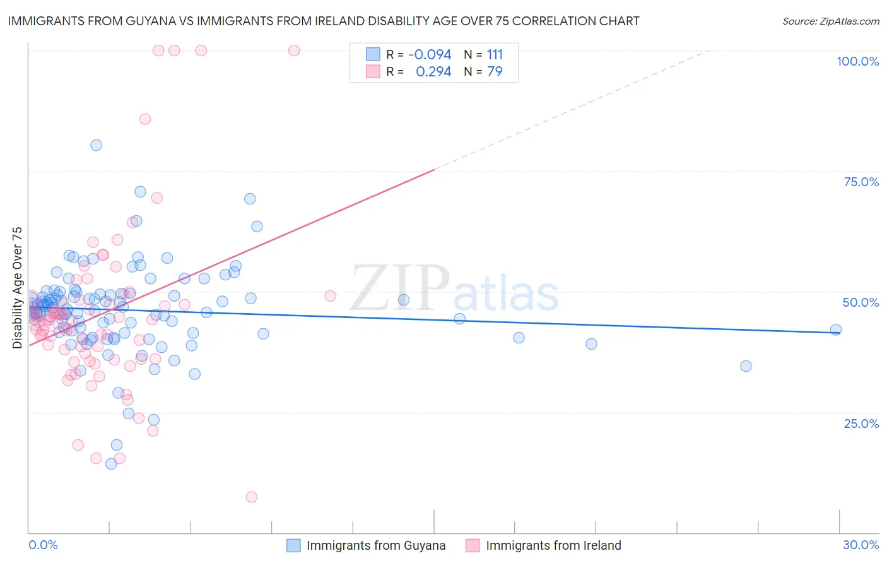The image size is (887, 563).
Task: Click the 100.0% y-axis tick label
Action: [x=857, y=61]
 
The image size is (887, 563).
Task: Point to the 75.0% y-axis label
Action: [x=861, y=182]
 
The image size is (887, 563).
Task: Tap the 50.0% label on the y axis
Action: [x=861, y=302]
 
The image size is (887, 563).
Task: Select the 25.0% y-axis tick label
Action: [x=861, y=424]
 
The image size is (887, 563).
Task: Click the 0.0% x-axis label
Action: [x=43, y=545]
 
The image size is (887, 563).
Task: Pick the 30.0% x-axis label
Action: [x=861, y=545]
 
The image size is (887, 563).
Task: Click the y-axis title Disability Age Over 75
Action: [x=17, y=287]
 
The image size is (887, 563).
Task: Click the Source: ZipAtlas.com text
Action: [x=830, y=21]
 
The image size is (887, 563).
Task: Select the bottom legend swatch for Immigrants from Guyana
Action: [x=293, y=545]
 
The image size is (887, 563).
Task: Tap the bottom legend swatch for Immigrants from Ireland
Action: [x=473, y=545]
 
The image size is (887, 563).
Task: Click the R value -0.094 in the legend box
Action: [x=430, y=54]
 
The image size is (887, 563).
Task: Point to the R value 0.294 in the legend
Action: [x=433, y=72]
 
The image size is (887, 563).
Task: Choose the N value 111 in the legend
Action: [x=495, y=54]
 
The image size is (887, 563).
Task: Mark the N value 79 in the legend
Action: [x=495, y=72]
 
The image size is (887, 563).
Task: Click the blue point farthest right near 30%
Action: [x=836, y=329]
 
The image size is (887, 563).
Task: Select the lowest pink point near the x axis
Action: [x=252, y=497]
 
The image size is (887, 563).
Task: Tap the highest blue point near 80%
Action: [x=96, y=145]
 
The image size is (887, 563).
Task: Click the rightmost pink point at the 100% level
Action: [x=294, y=50]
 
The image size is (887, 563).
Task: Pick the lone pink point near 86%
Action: [x=145, y=119]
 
